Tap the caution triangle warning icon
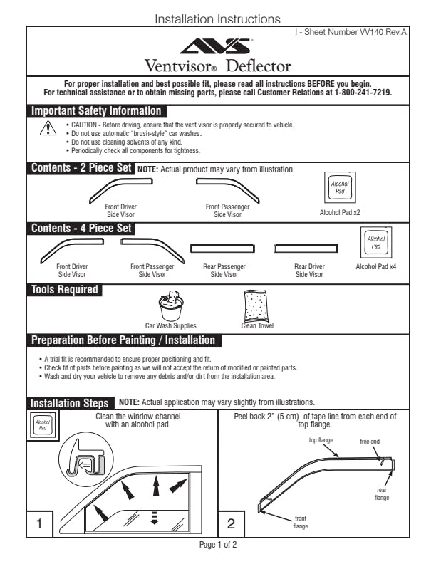[x=48, y=127]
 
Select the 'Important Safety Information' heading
[x=96, y=111]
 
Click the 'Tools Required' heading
[x=64, y=290]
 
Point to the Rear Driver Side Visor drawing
[x=308, y=249]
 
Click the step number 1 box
[x=41, y=523]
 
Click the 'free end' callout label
[x=370, y=442]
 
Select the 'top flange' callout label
[x=321, y=440]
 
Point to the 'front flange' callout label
[x=301, y=521]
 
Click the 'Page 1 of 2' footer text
[x=217, y=545]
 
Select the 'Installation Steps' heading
[x=70, y=403]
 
